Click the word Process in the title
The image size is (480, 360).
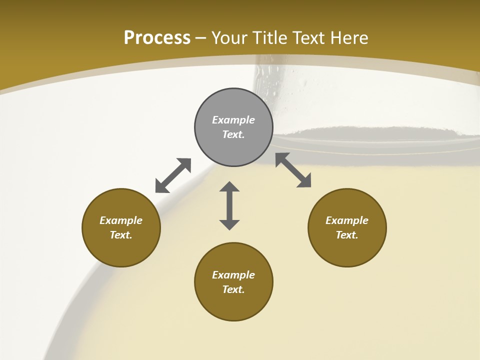click(157, 37)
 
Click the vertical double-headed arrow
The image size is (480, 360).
click(229, 205)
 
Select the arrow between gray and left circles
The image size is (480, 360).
click(173, 175)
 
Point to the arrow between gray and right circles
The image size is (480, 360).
click(293, 170)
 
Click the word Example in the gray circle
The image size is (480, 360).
click(233, 120)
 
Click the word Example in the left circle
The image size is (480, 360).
click(121, 220)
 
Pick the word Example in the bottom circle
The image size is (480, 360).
click(233, 275)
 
